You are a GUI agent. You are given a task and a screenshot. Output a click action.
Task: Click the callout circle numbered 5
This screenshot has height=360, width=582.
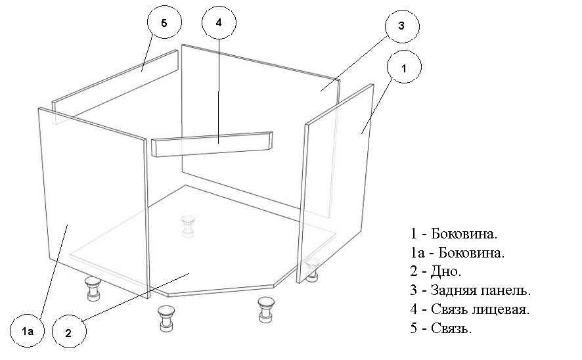tap(164, 22)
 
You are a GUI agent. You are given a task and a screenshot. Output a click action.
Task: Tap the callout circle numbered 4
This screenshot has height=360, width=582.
tap(219, 22)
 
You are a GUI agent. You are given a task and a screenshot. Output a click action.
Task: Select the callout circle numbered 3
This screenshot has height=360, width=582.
tap(402, 26)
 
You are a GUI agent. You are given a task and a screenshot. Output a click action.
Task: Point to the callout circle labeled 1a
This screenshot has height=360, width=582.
tap(27, 330)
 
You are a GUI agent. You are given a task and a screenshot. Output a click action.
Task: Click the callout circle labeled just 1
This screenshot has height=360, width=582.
tap(404, 67)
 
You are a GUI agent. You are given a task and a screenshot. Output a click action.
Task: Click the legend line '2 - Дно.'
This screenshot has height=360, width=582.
tap(436, 271)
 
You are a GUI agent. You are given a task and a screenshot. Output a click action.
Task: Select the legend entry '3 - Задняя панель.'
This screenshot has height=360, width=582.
tap(470, 290)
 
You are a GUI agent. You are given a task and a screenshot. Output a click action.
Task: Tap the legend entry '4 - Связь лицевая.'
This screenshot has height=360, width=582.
tap(470, 309)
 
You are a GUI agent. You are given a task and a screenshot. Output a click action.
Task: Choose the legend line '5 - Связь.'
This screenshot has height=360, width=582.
tap(441, 328)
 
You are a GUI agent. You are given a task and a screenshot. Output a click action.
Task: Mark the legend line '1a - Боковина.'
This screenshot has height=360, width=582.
tap(457, 253)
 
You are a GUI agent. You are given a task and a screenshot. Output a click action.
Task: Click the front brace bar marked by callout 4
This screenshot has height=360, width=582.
tap(212, 144)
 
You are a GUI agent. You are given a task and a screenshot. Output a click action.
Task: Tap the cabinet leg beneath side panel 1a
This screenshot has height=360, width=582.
tap(93, 288)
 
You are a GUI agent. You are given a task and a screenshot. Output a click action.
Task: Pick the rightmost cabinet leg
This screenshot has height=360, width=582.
tap(312, 270)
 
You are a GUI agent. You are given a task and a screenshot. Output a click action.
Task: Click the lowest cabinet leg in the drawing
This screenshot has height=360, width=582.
tap(166, 318)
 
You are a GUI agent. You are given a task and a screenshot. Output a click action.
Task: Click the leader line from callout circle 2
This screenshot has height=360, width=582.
tap(135, 298)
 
